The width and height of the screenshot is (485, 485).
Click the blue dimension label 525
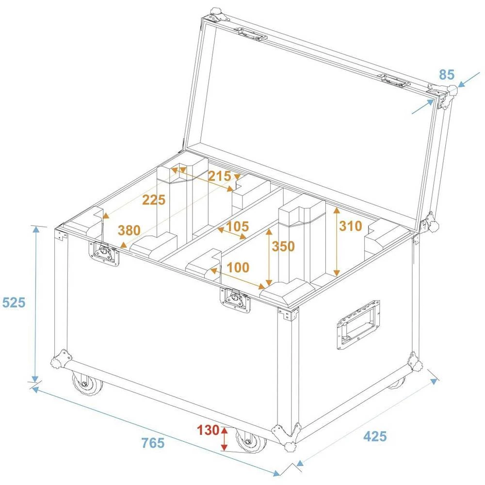(x=14, y=303)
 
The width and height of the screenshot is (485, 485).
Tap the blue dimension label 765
(x=153, y=442)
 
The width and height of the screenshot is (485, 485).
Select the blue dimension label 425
(x=375, y=436)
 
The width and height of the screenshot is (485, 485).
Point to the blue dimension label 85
(x=447, y=75)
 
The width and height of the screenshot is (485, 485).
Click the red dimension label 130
(x=208, y=430)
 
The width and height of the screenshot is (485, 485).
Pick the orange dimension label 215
(x=219, y=176)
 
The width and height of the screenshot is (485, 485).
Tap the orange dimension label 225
(x=154, y=199)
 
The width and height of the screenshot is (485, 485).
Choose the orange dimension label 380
(x=129, y=230)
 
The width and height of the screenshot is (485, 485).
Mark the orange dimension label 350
(x=283, y=246)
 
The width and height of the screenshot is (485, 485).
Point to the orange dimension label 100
(x=238, y=267)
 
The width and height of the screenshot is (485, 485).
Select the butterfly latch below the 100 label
(x=236, y=300)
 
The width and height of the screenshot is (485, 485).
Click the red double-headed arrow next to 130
(x=224, y=438)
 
